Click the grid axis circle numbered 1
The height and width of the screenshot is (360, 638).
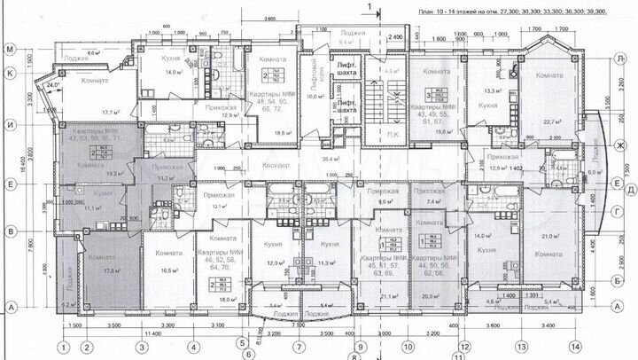(63, 348)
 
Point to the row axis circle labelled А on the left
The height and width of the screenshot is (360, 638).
(12, 306)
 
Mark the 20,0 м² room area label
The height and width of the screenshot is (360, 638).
(432, 297)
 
